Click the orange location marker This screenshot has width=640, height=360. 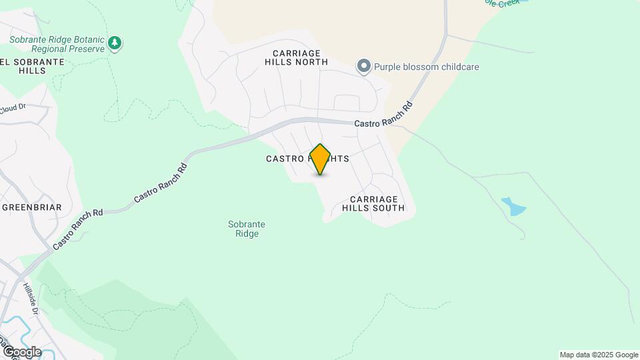coord(320,159)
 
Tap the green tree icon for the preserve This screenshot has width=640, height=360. coord(116,43)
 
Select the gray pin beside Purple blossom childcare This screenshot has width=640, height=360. coord(363,66)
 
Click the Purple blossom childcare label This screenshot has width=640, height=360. coord(426,67)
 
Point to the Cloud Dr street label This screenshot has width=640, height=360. coord(11,109)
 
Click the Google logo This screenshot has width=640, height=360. coord(21,351)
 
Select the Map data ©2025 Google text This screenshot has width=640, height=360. coord(599,355)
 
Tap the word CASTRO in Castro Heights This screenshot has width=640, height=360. coord(285,159)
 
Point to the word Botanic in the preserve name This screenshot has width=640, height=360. coord(85,39)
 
